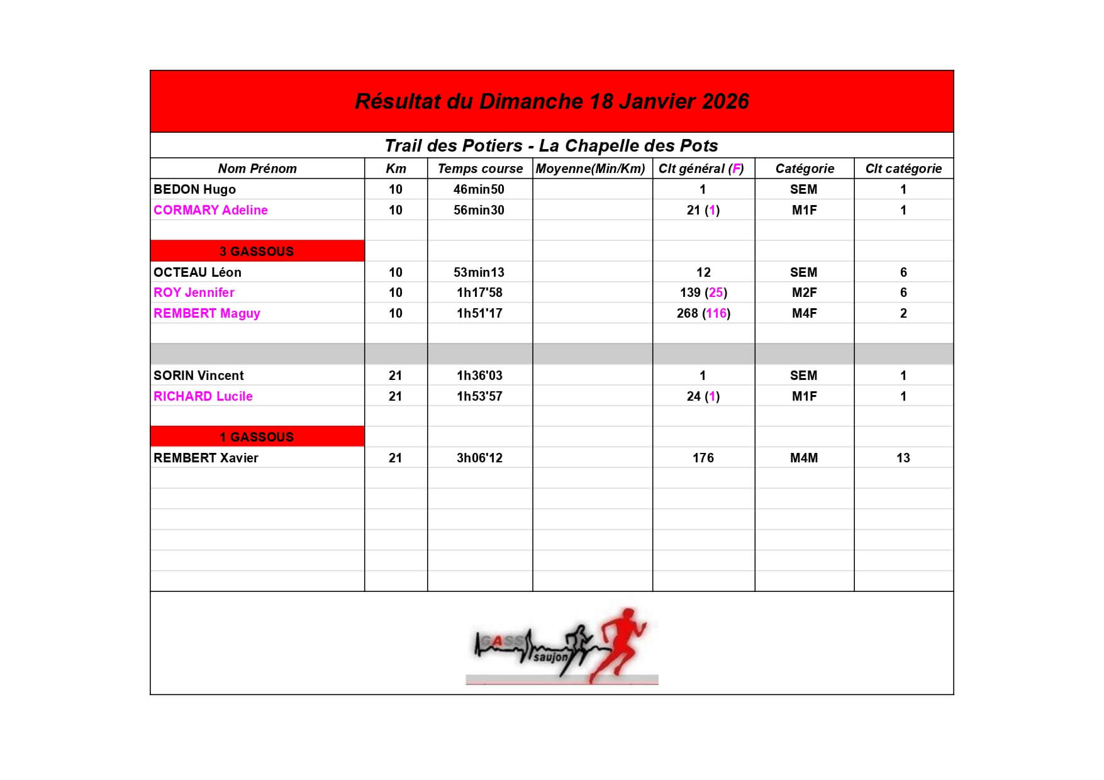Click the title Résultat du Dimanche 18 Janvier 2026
pos(552,101)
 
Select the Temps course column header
pos(480,169)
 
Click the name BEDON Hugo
pos(194,189)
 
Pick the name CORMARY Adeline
pos(210,210)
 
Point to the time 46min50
pos(479,189)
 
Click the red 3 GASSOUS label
pos(257,251)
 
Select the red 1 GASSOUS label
pos(257,437)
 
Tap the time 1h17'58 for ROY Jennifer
pos(479,292)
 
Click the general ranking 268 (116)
pos(703,313)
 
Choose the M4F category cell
pos(804,313)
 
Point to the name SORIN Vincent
pos(198,376)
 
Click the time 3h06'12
pos(479,458)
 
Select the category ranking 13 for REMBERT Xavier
pos(903,458)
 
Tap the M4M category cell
pos(804,458)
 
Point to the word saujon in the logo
pos(550,657)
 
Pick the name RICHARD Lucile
pos(203,396)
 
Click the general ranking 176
pos(703,458)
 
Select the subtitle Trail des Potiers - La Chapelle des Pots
pos(551,146)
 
